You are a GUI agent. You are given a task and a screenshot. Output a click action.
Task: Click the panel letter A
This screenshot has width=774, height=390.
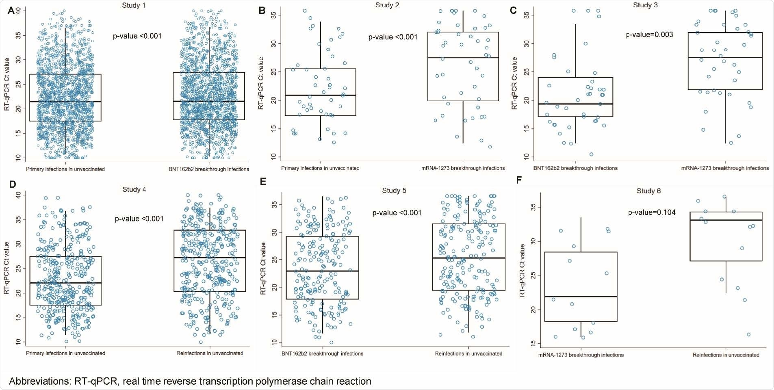point(11,10)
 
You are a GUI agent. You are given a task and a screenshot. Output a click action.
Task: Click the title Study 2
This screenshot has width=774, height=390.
point(387,5)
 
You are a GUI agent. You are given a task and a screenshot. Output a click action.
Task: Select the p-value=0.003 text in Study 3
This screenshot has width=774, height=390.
point(649,35)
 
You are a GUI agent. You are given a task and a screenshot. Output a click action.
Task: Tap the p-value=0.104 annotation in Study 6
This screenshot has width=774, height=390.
point(652,212)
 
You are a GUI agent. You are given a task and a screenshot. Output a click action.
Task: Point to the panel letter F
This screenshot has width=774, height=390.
point(519,180)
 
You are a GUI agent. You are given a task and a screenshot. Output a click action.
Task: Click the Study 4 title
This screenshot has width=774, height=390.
point(134,189)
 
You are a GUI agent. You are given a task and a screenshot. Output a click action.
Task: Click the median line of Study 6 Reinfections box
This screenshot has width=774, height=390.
point(726,220)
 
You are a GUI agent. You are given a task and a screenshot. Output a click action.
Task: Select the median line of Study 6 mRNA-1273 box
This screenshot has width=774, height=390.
point(581,297)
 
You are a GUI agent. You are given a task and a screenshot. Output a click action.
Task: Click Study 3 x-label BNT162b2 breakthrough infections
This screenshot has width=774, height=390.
point(575,168)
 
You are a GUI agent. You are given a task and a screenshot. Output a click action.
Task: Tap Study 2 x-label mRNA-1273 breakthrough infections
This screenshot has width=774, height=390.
point(463,168)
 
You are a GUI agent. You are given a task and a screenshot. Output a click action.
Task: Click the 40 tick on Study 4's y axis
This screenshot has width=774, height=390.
point(18,195)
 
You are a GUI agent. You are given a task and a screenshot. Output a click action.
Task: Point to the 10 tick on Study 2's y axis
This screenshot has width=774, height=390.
point(273,156)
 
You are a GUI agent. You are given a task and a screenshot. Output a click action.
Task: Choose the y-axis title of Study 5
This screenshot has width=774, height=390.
point(263,268)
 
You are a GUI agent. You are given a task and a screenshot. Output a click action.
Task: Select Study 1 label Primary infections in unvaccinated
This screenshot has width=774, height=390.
point(65,169)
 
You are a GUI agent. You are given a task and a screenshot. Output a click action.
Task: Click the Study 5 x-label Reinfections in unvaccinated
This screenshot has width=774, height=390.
point(468,353)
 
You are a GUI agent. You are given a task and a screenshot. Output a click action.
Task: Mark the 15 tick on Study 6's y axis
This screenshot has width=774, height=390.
point(533,344)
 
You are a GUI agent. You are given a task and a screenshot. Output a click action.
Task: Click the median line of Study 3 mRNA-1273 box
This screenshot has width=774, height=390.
point(725,58)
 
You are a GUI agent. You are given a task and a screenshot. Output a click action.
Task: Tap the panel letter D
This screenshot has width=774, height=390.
point(12,184)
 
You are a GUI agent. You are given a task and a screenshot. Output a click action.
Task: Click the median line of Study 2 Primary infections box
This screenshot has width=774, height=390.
point(320,95)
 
